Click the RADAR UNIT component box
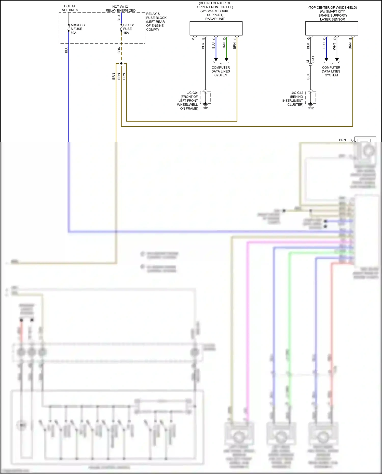[x=216, y=28]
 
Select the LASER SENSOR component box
[x=332, y=28]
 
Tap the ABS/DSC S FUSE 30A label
[x=77, y=29]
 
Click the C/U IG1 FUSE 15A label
[x=129, y=29]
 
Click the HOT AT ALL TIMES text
[x=70, y=8]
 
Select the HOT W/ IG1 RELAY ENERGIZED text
[x=121, y=8]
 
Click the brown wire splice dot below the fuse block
[x=121, y=63]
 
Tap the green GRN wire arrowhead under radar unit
[x=226, y=60]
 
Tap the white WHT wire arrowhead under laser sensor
[x=337, y=60]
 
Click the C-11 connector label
[x=313, y=59]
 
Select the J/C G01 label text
[x=193, y=93]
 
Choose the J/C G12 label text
[x=297, y=93]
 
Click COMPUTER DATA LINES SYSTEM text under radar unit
[x=221, y=71]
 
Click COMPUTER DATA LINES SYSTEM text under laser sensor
[x=331, y=71]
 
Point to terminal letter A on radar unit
[x=193, y=38]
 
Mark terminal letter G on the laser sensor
[x=308, y=38]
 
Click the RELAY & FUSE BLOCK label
[x=156, y=22]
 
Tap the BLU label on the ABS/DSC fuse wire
[x=66, y=50]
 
